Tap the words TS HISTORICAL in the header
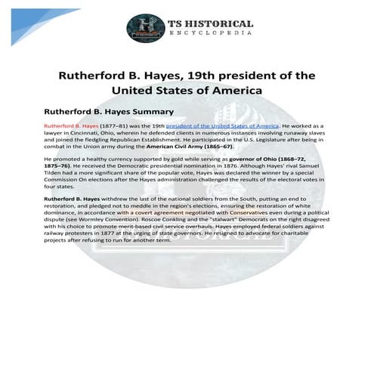coord(212,23)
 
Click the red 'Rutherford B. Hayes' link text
coord(72,125)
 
